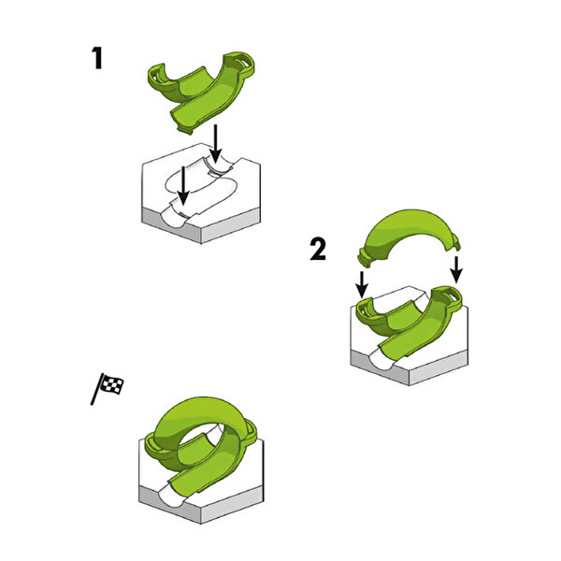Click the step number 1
pos(97,58)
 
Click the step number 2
pos(318,250)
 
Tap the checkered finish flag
pos(108,388)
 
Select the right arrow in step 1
pos(215,144)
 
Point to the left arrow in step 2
pos(362,284)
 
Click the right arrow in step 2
pos(456,268)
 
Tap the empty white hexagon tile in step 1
pos(201,194)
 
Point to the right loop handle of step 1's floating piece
pos(242,64)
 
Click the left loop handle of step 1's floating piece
pos(157,76)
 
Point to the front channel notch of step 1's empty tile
pos(173,218)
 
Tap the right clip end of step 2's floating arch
pos(454,241)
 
